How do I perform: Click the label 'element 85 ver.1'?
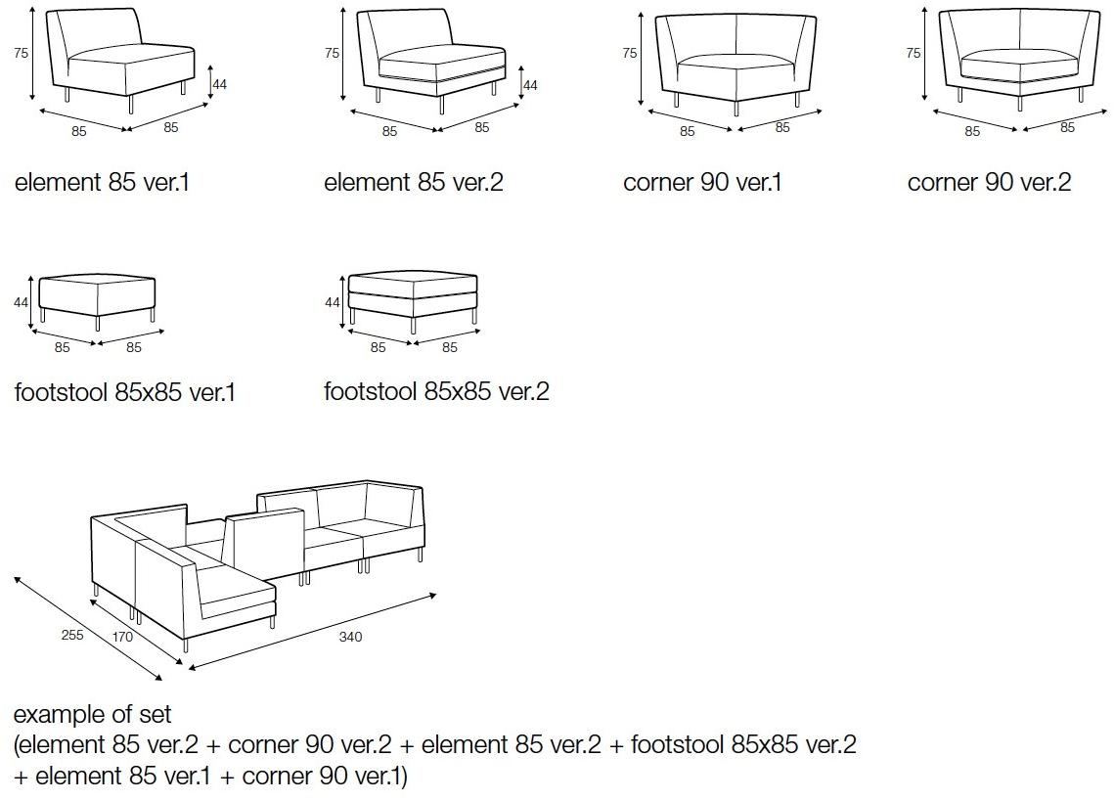pyautogui.click(x=102, y=182)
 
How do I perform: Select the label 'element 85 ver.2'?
pyautogui.click(x=413, y=182)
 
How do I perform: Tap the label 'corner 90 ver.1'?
pyautogui.click(x=702, y=182)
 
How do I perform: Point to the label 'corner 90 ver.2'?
pyautogui.click(x=989, y=182)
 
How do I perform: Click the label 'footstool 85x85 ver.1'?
pyautogui.click(x=125, y=392)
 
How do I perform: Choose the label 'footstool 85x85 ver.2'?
pyautogui.click(x=436, y=391)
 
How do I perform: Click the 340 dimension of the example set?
pyautogui.click(x=350, y=637)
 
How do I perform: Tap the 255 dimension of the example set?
pyautogui.click(x=72, y=634)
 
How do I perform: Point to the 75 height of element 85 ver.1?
pyautogui.click(x=21, y=54)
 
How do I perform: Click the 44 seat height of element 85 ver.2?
pyautogui.click(x=530, y=85)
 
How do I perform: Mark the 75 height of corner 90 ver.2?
pyautogui.click(x=913, y=53)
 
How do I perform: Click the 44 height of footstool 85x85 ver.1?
pyautogui.click(x=21, y=303)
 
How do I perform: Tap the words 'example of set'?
pyautogui.click(x=93, y=714)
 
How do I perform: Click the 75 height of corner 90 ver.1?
pyautogui.click(x=630, y=53)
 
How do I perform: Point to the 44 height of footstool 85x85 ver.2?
pyautogui.click(x=332, y=302)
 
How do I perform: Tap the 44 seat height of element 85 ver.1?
pyautogui.click(x=219, y=84)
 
